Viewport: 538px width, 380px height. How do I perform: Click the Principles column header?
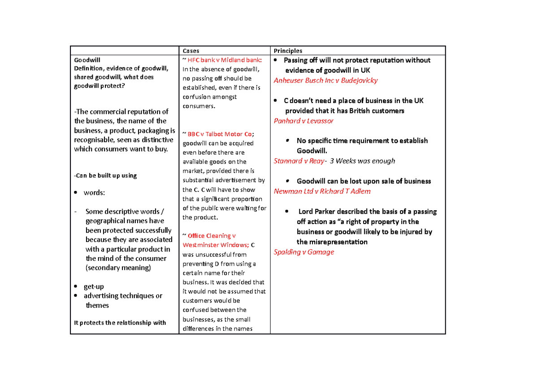click(288, 51)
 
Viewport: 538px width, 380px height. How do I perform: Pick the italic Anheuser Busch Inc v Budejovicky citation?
click(325, 81)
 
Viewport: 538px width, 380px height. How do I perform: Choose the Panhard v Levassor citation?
click(304, 121)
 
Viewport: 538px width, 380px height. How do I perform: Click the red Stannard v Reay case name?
click(298, 161)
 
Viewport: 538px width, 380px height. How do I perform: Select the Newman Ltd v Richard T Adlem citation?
click(322, 191)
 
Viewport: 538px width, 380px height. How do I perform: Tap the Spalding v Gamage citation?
click(304, 252)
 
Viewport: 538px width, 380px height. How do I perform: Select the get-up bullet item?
click(94, 286)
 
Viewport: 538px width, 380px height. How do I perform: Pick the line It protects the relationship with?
click(120, 323)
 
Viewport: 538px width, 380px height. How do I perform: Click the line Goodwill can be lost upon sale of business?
click(364, 181)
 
